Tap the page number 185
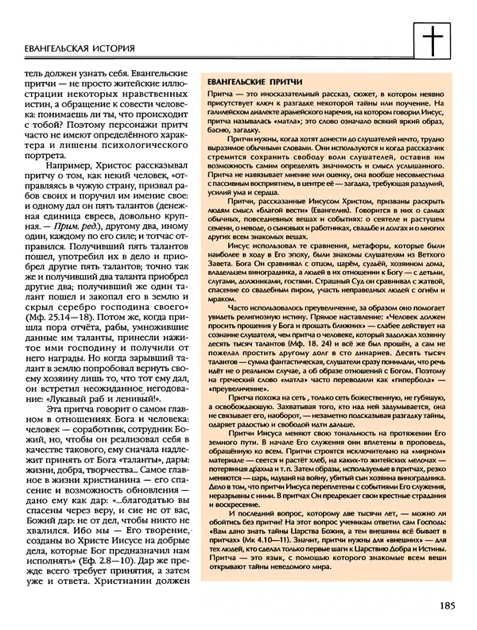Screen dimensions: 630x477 click(445, 605)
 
